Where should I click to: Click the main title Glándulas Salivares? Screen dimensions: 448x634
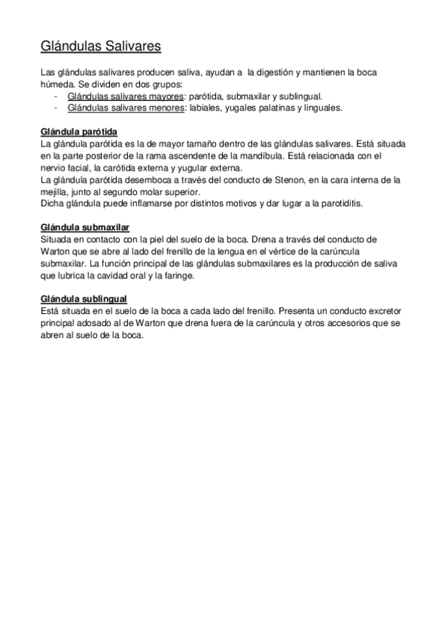point(100,47)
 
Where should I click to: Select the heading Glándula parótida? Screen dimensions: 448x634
point(79,132)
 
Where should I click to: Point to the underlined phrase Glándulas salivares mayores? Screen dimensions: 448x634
point(126,96)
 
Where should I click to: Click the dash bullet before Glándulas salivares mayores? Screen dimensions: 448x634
point(57,96)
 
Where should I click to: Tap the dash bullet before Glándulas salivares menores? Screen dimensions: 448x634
point(57,108)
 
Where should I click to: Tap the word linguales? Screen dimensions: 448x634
point(321,108)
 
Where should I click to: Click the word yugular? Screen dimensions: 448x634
point(177,167)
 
